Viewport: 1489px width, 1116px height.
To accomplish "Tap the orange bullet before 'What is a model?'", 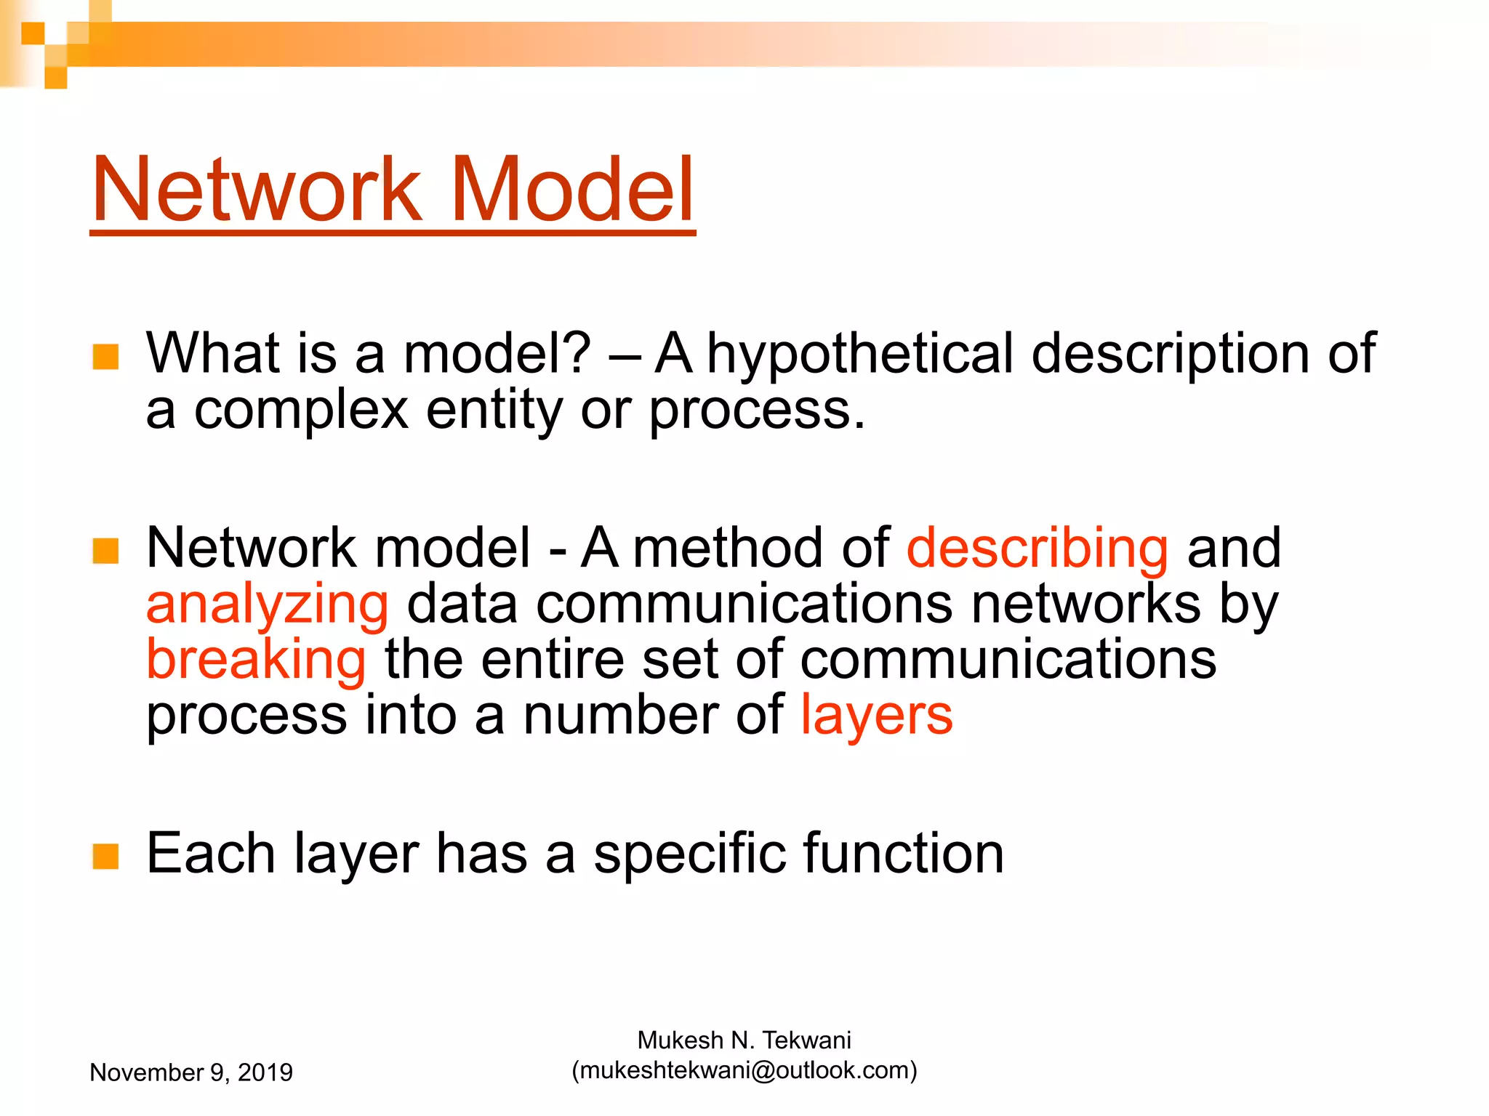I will (x=106, y=357).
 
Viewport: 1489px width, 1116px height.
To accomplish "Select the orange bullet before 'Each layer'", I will (x=106, y=857).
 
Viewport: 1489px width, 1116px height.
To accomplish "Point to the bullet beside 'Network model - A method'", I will (x=106, y=551).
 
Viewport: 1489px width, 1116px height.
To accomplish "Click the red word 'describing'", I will (x=1038, y=549).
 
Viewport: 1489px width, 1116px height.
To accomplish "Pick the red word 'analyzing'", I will (x=268, y=605).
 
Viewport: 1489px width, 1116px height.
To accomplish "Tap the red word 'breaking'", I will (x=256, y=660).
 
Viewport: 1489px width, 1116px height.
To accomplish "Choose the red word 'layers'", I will (x=876, y=716).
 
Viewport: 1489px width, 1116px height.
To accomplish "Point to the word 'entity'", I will (x=494, y=411).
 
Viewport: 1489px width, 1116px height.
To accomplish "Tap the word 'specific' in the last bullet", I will (x=689, y=854).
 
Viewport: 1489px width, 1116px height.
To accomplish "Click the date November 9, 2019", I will (x=191, y=1072).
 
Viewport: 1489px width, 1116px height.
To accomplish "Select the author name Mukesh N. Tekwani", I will (x=744, y=1040).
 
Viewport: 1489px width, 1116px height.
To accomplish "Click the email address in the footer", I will (x=744, y=1070).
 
